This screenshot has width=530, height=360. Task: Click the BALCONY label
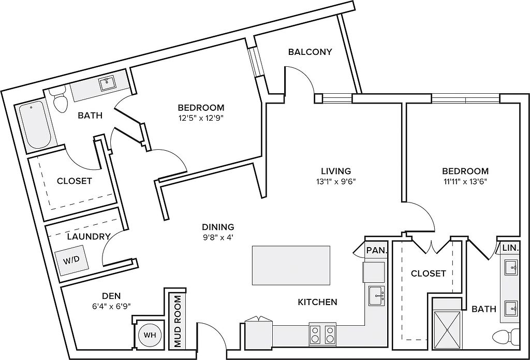(x=310, y=52)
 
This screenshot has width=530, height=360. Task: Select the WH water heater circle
(x=150, y=335)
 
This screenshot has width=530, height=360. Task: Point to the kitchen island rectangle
(x=291, y=265)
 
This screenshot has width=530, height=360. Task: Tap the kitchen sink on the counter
(x=376, y=295)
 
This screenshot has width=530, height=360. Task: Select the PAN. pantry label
(x=377, y=250)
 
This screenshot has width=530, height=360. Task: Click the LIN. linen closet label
(x=510, y=249)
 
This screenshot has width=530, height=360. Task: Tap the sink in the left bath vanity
(x=108, y=83)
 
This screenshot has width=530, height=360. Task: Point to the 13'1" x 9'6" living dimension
(x=336, y=181)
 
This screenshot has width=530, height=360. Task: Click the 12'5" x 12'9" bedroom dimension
(x=201, y=118)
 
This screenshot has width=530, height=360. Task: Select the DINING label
(x=218, y=227)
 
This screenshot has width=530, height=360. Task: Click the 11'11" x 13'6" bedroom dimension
(x=465, y=181)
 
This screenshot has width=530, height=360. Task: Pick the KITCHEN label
(x=318, y=302)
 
